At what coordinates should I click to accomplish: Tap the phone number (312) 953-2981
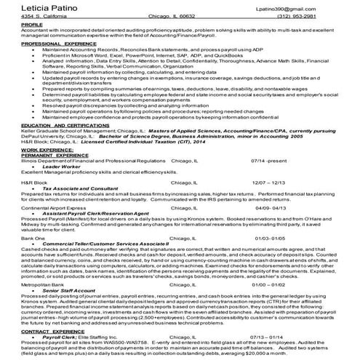click(316, 16)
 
